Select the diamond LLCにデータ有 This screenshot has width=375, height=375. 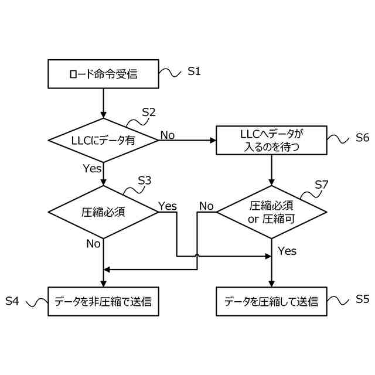(x=103, y=139)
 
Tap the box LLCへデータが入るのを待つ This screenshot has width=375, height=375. (x=272, y=139)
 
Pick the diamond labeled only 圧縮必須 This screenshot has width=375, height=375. (x=103, y=211)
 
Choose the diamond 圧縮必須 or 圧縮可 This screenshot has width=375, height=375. (x=272, y=211)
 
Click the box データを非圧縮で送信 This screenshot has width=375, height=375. (x=103, y=302)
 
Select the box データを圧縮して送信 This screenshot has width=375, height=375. (x=272, y=302)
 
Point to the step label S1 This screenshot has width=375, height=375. (x=194, y=71)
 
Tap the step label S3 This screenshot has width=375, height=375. (x=144, y=181)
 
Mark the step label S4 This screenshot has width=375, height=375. (x=12, y=301)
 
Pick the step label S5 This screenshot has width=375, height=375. (x=362, y=299)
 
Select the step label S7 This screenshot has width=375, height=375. (x=321, y=185)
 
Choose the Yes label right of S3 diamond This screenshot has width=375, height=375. (x=168, y=206)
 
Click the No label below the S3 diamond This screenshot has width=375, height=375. (x=93, y=243)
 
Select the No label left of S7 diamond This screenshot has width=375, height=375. (x=206, y=206)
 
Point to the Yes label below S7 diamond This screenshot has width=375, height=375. (x=287, y=251)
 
